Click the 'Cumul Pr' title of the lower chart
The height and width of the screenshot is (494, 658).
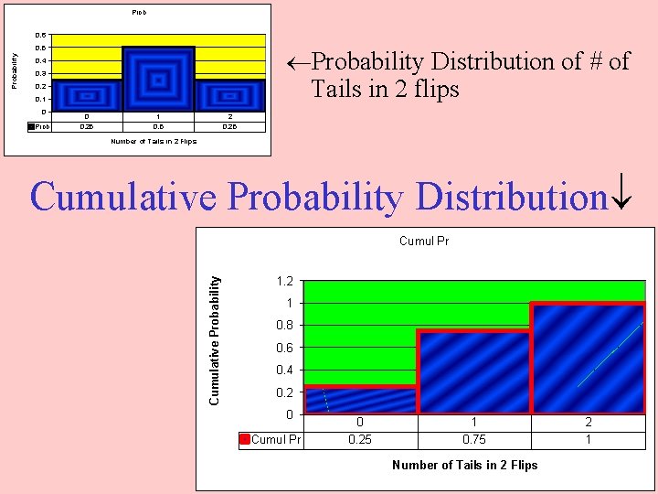(x=424, y=242)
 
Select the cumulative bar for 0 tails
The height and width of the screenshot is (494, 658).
(x=360, y=401)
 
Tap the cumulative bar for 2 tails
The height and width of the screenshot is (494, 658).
(x=588, y=359)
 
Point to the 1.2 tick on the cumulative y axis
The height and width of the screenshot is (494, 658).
(x=285, y=281)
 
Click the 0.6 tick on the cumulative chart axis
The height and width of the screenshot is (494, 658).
(x=285, y=348)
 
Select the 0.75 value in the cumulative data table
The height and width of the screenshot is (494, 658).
(x=473, y=439)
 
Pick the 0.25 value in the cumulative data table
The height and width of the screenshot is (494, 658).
(x=360, y=439)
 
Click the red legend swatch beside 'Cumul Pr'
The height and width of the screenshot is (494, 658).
(x=244, y=439)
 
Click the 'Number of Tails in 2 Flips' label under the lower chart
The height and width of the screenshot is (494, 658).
(x=464, y=465)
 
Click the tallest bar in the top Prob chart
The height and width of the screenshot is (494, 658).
(x=158, y=79)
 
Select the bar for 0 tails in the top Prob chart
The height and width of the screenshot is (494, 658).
(x=87, y=95)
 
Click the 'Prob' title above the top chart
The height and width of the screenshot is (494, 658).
(x=138, y=13)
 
